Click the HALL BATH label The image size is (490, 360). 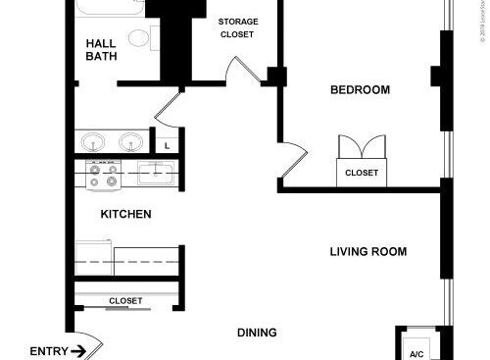(x=102, y=49)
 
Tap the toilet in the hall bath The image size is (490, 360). (x=139, y=39)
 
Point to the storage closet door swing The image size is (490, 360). (x=238, y=71)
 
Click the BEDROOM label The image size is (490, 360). (x=360, y=90)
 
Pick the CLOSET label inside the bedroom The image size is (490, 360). (x=361, y=173)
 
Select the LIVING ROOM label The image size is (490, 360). (x=367, y=252)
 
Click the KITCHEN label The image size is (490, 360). (x=125, y=214)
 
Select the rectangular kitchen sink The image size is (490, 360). (x=156, y=175)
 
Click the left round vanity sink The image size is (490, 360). (x=95, y=141)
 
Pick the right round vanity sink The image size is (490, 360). (x=130, y=141)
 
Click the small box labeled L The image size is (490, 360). (x=168, y=145)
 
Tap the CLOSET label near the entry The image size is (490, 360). (x=125, y=300)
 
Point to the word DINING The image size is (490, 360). (x=256, y=332)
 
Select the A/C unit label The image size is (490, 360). (x=416, y=353)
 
